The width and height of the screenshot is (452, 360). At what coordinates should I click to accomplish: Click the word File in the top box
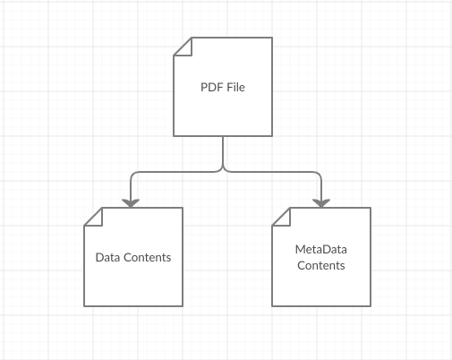tap(236, 87)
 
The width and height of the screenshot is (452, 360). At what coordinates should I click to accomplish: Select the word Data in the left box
tap(107, 257)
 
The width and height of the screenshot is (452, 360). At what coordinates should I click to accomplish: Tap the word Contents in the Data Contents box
tap(148, 257)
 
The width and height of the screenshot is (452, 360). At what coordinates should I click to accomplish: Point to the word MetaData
tap(321, 249)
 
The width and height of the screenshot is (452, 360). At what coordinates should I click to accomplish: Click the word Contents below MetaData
tap(321, 265)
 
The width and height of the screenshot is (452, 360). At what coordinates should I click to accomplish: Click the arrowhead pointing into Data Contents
tap(131, 203)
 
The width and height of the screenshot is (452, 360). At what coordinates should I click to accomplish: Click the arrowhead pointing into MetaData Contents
tap(321, 203)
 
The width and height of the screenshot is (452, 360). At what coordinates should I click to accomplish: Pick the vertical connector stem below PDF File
tap(223, 151)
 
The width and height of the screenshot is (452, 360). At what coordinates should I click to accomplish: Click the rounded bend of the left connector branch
tap(132, 174)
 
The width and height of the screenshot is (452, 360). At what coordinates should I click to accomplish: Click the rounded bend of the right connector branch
tap(319, 174)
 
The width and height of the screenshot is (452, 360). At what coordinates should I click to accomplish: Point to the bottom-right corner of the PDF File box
tap(272, 136)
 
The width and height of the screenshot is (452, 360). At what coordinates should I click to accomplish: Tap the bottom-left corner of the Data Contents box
tap(84, 306)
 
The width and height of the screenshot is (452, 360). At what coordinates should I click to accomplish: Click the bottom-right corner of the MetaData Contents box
tap(371, 306)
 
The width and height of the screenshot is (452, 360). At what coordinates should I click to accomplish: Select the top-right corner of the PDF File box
tap(272, 38)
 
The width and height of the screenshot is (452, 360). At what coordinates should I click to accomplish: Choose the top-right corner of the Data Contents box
tap(183, 208)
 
